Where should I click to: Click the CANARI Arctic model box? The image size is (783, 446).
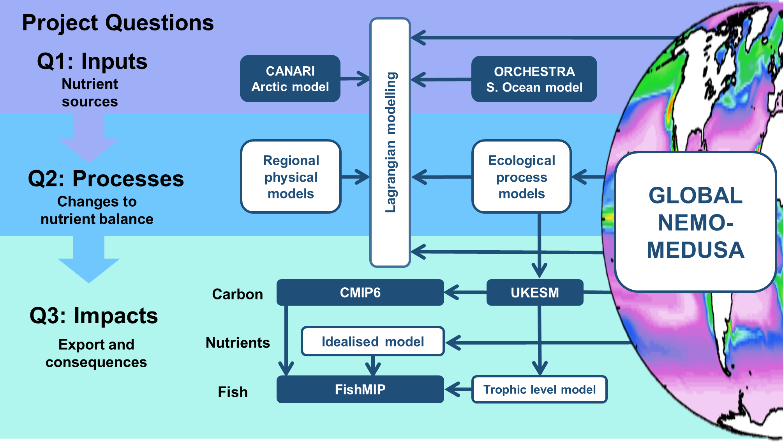coord(290,79)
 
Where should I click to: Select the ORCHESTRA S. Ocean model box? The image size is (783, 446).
coord(534,79)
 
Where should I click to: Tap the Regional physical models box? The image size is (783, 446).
coord(291,177)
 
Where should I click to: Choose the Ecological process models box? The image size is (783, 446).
coord(522,177)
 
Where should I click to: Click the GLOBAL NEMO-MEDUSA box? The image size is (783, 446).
coord(696,222)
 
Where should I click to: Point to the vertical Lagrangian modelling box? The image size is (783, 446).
coord(390,143)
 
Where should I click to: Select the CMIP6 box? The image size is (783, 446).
coord(360,292)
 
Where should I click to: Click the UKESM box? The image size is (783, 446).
coord(535,292)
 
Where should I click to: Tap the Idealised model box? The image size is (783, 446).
coord(373,342)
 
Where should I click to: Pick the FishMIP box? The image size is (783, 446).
coord(360,389)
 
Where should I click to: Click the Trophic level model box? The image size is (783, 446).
coord(540,389)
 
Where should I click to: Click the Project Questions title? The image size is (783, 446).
coord(118,23)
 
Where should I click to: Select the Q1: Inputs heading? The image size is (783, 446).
coord(92,61)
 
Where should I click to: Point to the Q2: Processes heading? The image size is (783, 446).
coord(106,179)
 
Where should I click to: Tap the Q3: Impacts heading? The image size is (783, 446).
coord(94,315)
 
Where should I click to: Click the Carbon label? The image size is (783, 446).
coord(238,294)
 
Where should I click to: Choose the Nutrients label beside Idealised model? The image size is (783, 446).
coord(238,343)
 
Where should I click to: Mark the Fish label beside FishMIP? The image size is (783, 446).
coord(233,392)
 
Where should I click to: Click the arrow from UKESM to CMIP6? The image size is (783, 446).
coord(466,292)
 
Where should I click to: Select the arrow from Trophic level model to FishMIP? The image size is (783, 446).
coord(458,389)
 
